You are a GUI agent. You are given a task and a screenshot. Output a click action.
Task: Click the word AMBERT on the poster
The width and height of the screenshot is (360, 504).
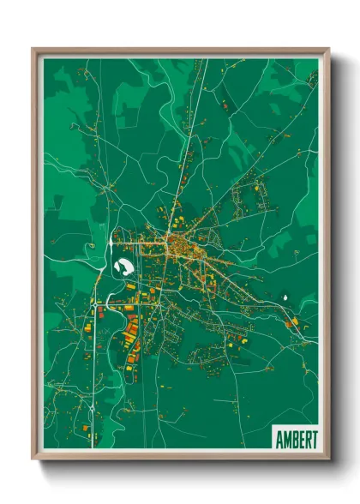pyautogui.click(x=295, y=437)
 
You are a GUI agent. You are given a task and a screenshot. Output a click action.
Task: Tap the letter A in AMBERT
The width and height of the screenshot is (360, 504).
pyautogui.click(x=279, y=437)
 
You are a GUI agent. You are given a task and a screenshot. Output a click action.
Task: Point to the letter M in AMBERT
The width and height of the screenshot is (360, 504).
pyautogui.click(x=286, y=437)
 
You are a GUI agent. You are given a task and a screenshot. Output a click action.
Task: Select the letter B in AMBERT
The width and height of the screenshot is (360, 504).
pyautogui.click(x=293, y=437)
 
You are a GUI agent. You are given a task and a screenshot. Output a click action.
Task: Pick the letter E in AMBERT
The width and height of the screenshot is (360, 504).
pyautogui.click(x=299, y=437)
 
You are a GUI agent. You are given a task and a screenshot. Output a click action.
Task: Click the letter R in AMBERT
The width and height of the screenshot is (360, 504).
pyautogui.click(x=305, y=437)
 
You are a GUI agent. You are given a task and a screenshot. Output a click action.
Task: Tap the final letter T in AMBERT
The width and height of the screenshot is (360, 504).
pyautogui.click(x=312, y=437)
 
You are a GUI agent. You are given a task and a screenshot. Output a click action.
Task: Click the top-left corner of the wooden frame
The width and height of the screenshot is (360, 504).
pyautogui.click(x=33, y=49)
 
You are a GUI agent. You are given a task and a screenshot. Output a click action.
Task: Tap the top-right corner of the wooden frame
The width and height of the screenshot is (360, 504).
pyautogui.click(x=327, y=49)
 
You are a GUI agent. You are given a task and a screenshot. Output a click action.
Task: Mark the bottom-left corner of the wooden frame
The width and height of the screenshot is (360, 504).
pyautogui.click(x=33, y=459)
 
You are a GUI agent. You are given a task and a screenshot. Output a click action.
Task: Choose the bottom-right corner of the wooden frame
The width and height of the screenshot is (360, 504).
pyautogui.click(x=327, y=459)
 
